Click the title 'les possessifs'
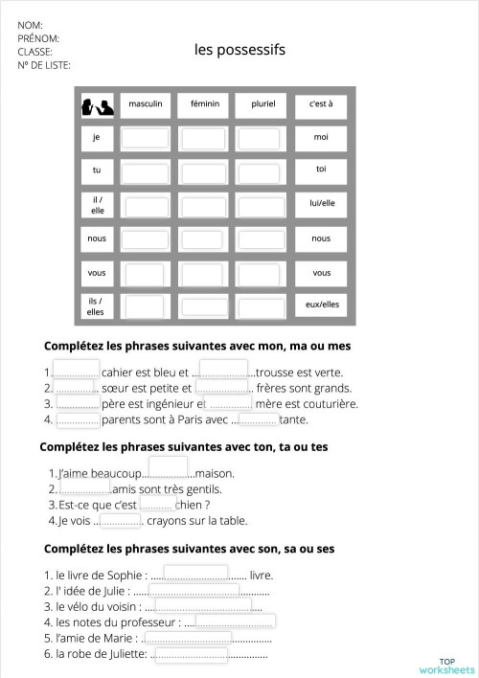click(239, 50)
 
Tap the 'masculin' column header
click(146, 103)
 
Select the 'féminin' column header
click(204, 103)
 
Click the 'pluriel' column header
click(262, 103)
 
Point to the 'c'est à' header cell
click(320, 103)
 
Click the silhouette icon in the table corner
click(97, 105)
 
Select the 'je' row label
click(97, 138)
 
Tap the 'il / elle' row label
click(97, 205)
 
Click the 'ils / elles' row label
click(96, 306)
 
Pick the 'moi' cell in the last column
click(320, 138)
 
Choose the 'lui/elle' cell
click(321, 204)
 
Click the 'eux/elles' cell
click(321, 305)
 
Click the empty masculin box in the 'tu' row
click(147, 171)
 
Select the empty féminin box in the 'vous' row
click(204, 274)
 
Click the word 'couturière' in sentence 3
click(331, 404)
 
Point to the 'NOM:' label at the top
click(31, 25)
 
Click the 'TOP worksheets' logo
click(446, 666)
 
